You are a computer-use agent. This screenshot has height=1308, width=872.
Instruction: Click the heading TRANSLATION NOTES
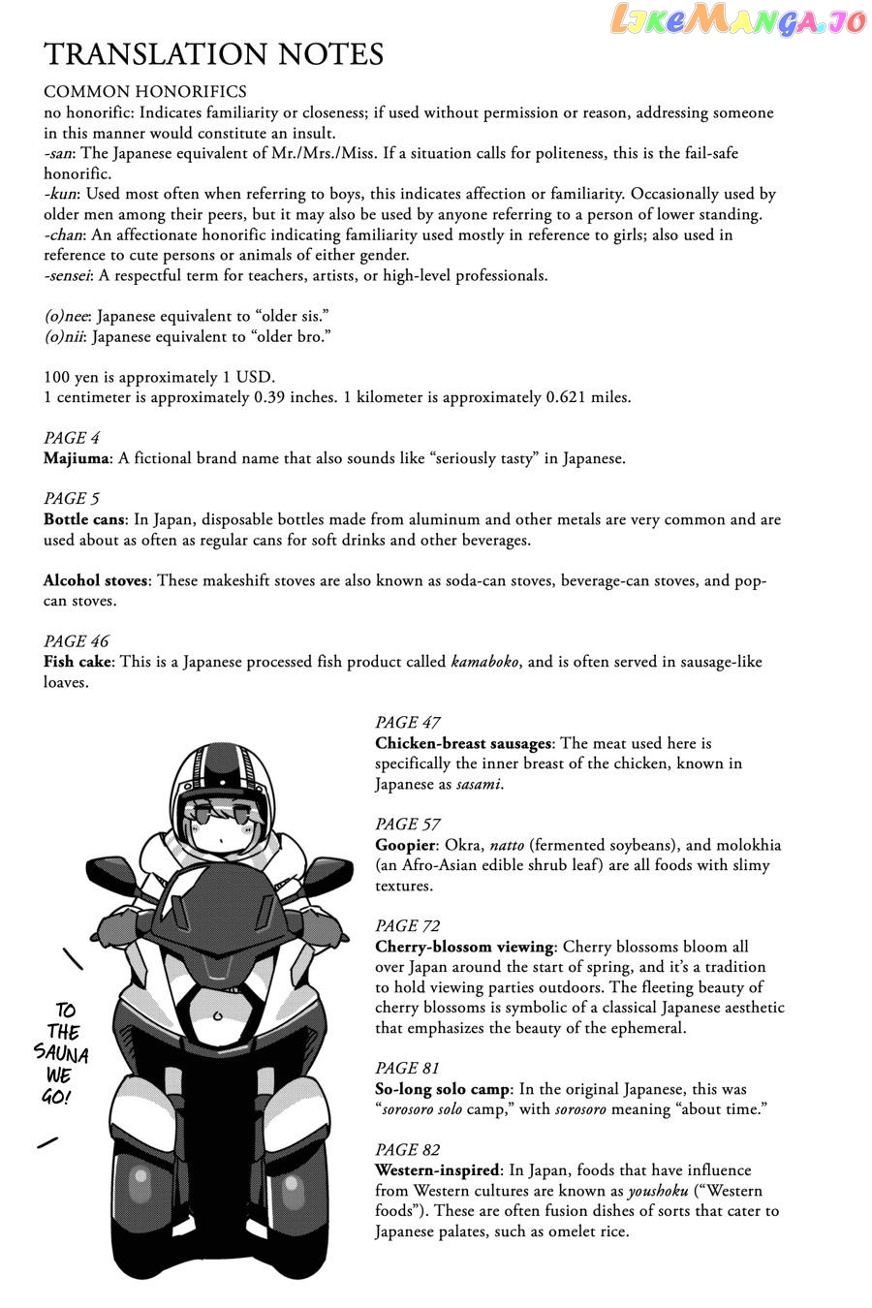(213, 54)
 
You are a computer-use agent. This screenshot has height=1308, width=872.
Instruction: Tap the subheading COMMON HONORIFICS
(145, 92)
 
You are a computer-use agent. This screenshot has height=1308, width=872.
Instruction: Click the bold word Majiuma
(78, 458)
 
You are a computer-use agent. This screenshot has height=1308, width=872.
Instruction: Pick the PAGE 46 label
(77, 641)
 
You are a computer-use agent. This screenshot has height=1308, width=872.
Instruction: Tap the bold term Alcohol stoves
(96, 580)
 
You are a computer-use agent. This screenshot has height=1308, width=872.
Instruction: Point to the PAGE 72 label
(408, 926)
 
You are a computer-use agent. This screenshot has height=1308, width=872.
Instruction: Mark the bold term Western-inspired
(436, 1170)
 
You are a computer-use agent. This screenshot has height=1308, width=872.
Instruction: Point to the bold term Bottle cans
(84, 519)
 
